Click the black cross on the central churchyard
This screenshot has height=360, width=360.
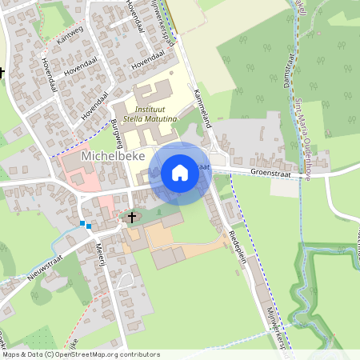pyautogui.click(x=132, y=217)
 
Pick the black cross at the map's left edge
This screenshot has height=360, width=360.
pyautogui.click(x=2, y=72)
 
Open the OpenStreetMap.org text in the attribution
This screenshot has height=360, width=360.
pyautogui.click(x=86, y=354)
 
